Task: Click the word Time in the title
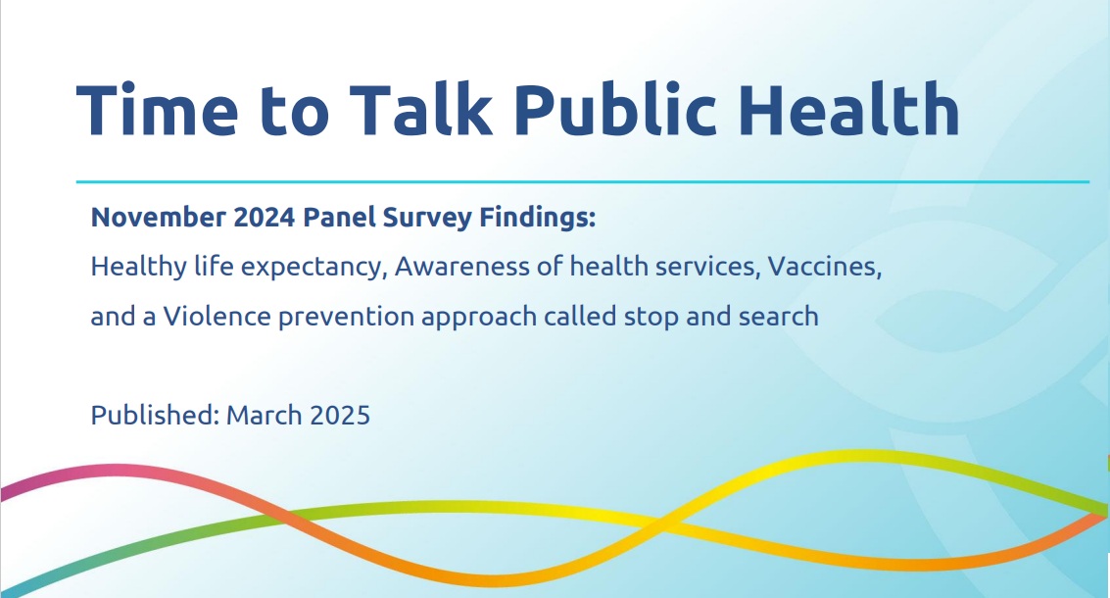(157, 109)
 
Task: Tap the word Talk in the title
(420, 109)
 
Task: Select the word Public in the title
(615, 109)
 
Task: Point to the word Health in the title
(849, 109)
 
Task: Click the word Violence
(217, 316)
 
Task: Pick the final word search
(779, 316)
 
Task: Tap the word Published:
(155, 416)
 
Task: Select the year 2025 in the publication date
(339, 416)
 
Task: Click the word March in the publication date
(264, 416)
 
